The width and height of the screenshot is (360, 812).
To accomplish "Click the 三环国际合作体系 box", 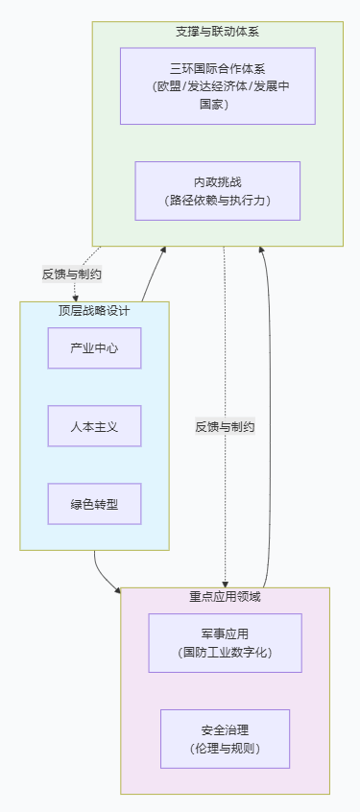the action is pos(218,86).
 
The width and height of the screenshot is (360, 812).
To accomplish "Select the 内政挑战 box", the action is pos(218,191).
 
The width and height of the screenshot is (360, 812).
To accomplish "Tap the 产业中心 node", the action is pos(94,348).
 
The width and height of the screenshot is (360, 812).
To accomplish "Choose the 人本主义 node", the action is pos(94,426).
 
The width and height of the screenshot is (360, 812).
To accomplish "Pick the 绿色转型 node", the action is pos(94,504).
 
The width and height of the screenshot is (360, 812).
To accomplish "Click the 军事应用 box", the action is pos(226,643).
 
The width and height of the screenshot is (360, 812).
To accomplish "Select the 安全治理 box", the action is pos(226,739).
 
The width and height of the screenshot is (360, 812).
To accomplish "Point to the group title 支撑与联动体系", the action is pos(218,32).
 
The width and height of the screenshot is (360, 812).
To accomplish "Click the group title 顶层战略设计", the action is pos(94,311).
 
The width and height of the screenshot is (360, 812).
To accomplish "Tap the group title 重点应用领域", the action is pos(226,597).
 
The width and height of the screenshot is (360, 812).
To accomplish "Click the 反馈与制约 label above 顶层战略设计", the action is pos(71,275).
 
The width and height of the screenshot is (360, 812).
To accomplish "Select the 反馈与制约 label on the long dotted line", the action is pos(226,427).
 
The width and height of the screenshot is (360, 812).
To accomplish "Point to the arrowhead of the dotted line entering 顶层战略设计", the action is pos(76,299).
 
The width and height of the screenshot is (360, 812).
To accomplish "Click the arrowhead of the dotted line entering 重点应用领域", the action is pos(226,585).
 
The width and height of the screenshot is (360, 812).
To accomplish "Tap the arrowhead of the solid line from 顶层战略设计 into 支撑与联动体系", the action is pos(163,250).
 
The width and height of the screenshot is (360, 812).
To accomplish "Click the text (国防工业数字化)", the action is pos(226,653).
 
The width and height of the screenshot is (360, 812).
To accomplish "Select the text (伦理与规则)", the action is pos(226,749).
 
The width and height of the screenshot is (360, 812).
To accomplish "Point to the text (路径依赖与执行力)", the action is pos(218,201).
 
